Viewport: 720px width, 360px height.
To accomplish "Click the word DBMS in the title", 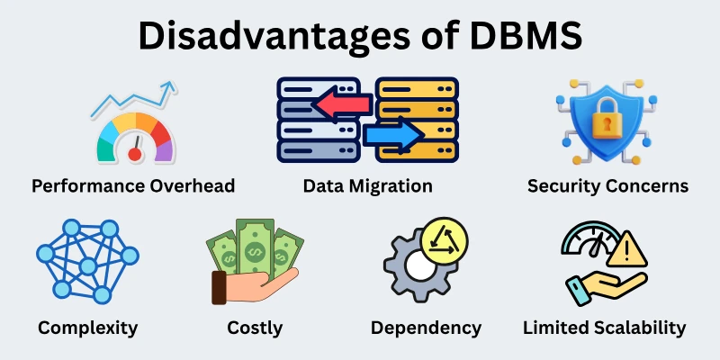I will click(525, 40).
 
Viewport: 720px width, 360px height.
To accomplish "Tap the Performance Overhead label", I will click(133, 186).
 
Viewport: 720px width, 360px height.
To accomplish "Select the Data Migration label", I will click(367, 186).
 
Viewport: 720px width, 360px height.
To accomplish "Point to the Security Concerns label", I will click(607, 186).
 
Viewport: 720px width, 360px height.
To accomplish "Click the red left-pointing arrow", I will click(340, 105).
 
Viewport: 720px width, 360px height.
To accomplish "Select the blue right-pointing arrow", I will click(394, 136).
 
